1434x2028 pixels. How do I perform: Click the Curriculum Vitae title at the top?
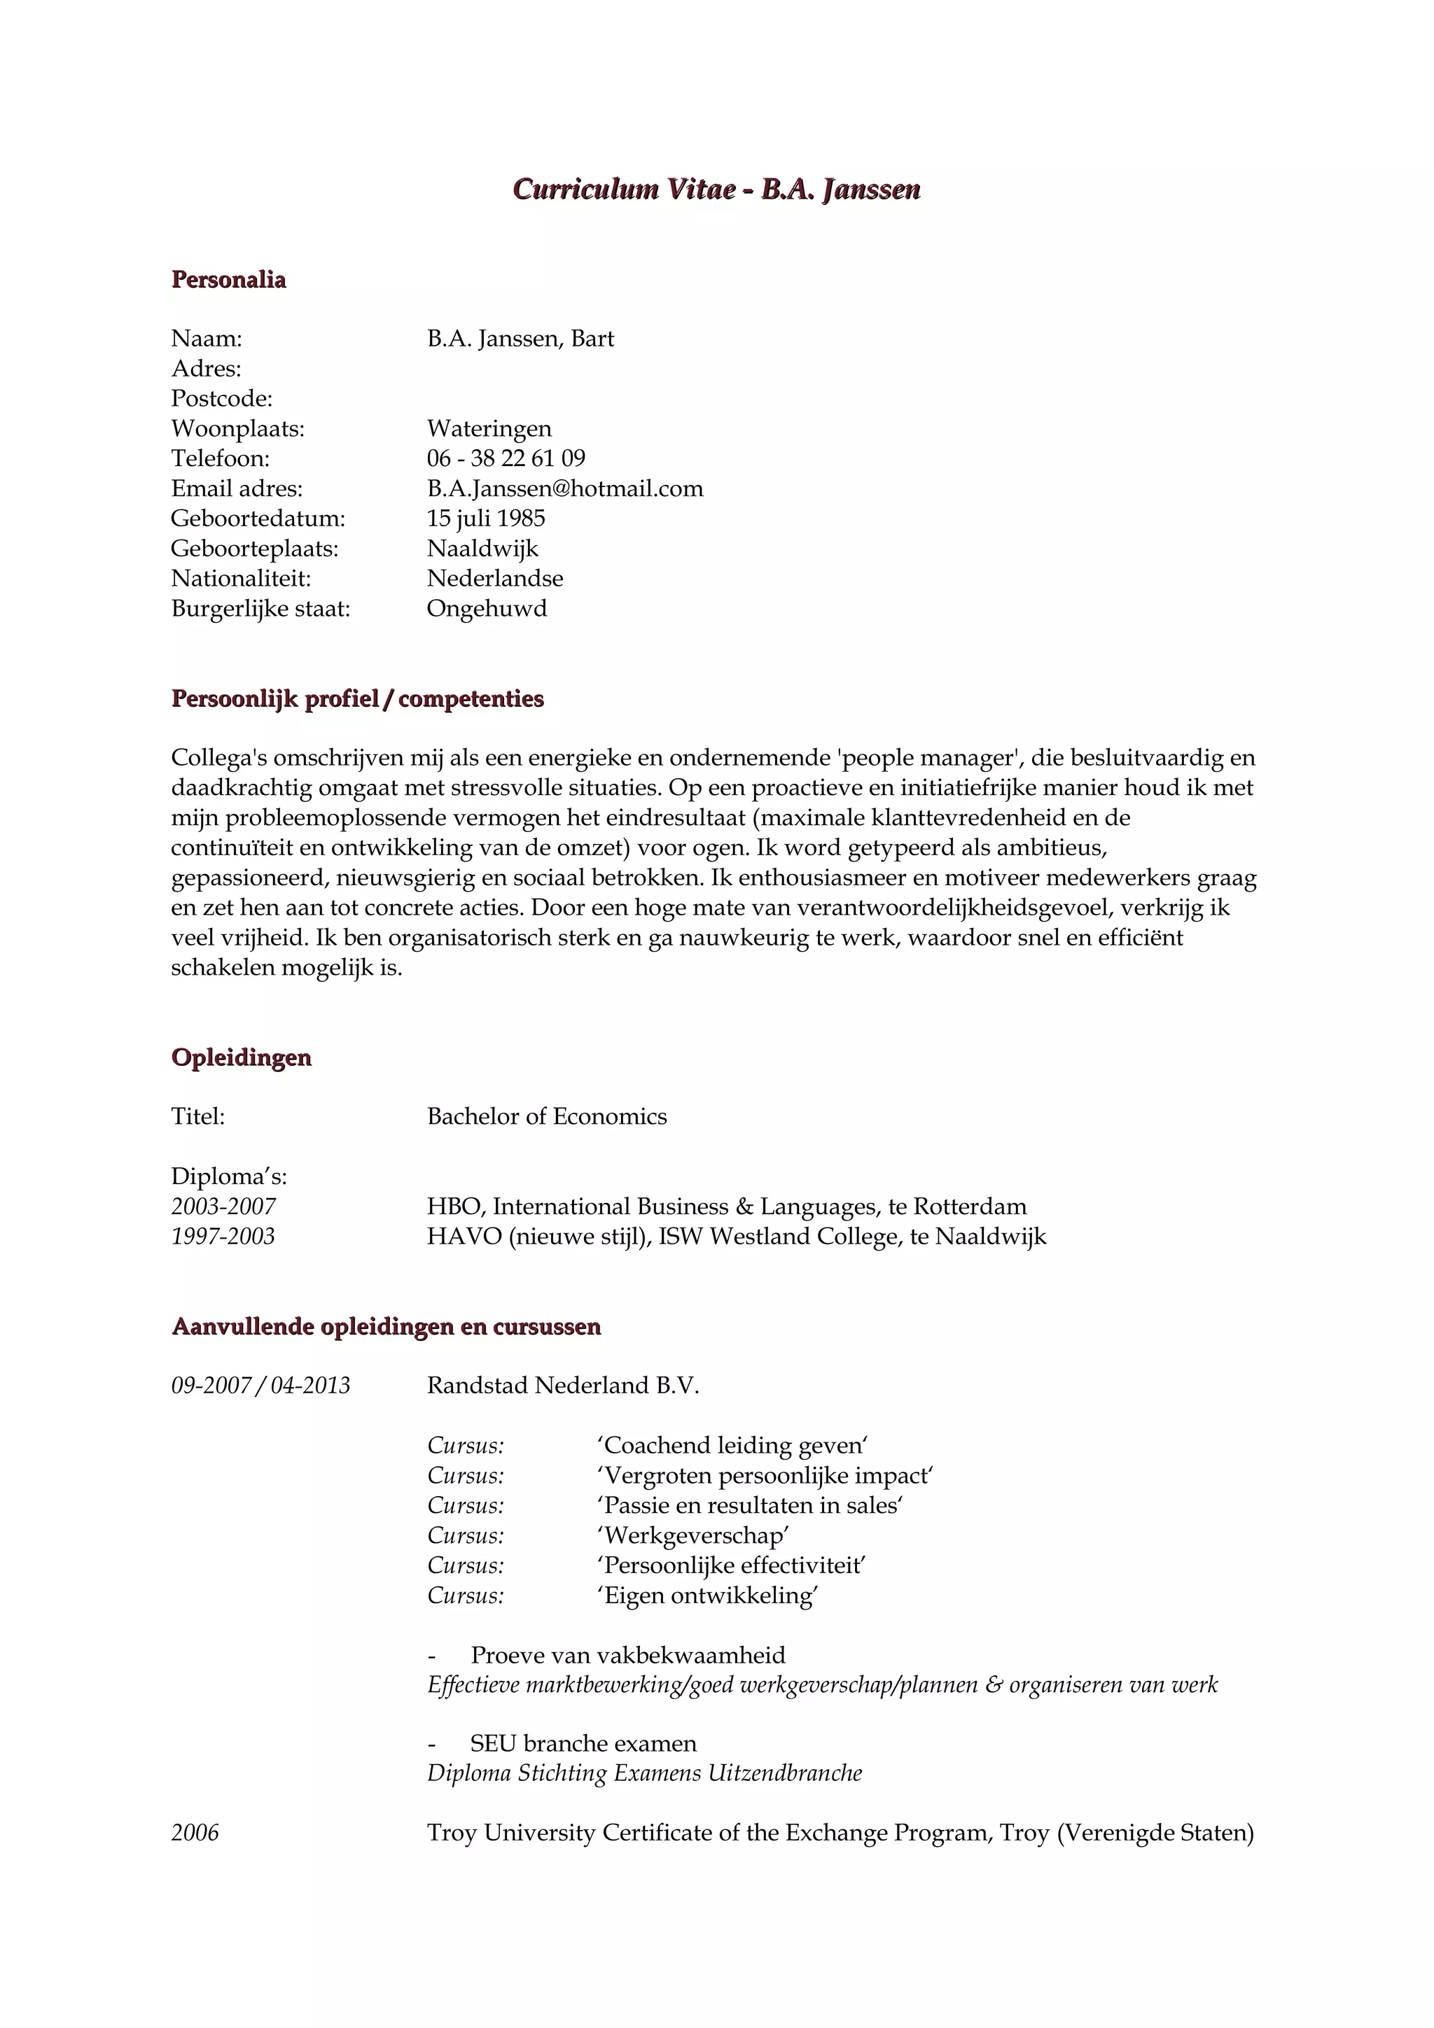[716, 190]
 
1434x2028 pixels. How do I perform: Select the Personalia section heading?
[229, 280]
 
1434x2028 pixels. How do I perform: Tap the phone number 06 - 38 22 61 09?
[506, 458]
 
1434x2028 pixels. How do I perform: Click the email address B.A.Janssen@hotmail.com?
[564, 488]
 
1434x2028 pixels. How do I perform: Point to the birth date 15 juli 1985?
[486, 519]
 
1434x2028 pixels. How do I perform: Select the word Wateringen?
[489, 428]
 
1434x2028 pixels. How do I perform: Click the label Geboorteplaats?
[254, 549]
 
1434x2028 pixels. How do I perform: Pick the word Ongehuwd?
[487, 609]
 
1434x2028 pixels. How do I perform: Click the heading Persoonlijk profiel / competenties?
[357, 698]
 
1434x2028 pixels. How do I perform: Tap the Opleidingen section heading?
[241, 1057]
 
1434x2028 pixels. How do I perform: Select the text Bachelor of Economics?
[547, 1116]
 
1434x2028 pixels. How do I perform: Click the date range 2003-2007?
[223, 1206]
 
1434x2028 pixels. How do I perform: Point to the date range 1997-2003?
[223, 1237]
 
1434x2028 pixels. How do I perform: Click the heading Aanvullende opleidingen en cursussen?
[386, 1327]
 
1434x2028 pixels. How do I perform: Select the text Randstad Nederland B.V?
[563, 1386]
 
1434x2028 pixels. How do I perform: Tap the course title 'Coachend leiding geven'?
[732, 1446]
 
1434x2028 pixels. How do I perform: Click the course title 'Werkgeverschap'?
[692, 1536]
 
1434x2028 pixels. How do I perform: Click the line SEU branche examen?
[583, 1744]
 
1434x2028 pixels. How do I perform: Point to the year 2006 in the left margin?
[195, 1833]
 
